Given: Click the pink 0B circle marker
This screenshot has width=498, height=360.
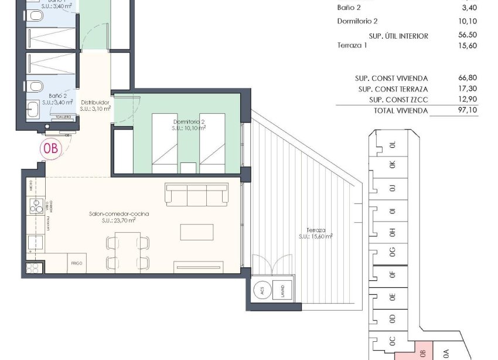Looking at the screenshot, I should point(51,148).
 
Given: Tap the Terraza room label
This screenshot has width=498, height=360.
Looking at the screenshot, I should point(315,233).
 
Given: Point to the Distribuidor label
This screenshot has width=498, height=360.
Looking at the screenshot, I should point(95,105).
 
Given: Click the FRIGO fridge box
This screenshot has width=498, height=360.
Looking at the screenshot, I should point(77,263).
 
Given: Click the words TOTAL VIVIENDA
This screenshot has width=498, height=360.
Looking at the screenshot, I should point(401,110).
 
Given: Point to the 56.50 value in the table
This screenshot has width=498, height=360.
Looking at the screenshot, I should point(468,36).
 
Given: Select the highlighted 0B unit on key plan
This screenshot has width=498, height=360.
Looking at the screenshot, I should point(422,352).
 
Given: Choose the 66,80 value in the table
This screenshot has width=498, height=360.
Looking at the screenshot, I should point(468,78).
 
